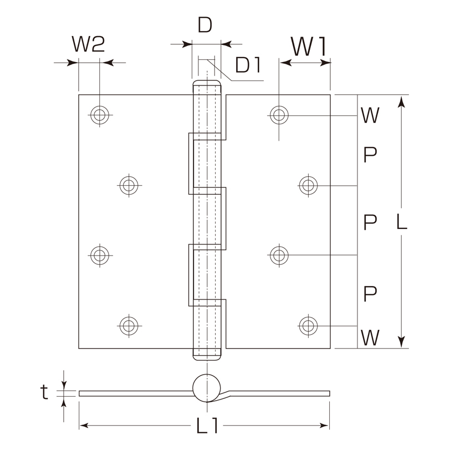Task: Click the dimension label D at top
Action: [x=205, y=25]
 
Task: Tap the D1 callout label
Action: [x=248, y=65]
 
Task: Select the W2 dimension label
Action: [x=89, y=44]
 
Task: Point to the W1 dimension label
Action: [x=309, y=47]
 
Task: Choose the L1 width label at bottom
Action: [x=207, y=425]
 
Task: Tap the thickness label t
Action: [x=44, y=392]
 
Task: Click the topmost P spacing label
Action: [x=370, y=155]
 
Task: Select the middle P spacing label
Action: [x=370, y=222]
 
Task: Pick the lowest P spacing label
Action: [x=370, y=294]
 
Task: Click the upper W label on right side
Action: [x=370, y=115]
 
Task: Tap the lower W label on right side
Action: [x=370, y=338]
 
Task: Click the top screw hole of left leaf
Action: [x=100, y=115]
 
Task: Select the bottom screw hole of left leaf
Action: [x=129, y=326]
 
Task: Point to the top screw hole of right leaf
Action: [x=279, y=115]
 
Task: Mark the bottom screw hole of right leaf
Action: [x=308, y=326]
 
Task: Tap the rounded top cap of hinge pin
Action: [x=207, y=81]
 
